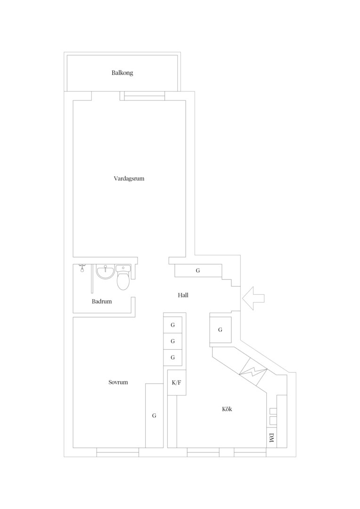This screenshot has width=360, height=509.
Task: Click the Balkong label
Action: (x=123, y=73)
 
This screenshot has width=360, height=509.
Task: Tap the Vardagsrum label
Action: (x=129, y=179)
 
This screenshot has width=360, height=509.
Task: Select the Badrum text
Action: (x=102, y=301)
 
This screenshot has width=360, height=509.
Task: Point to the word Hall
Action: (x=183, y=295)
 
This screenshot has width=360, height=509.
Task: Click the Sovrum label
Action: (x=118, y=382)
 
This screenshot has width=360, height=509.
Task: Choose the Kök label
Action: (x=227, y=409)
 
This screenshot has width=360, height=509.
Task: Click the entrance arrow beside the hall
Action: (x=253, y=298)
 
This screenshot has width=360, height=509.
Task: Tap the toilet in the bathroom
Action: (x=123, y=278)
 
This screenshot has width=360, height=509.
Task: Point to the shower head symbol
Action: (x=82, y=268)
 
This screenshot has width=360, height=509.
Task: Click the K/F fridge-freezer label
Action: (x=177, y=382)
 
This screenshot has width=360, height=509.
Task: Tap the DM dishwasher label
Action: (x=271, y=438)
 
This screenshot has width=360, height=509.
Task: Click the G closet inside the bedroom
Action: (x=154, y=416)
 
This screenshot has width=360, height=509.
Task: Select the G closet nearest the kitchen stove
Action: (x=221, y=330)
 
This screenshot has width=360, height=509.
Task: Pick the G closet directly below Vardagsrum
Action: (x=198, y=271)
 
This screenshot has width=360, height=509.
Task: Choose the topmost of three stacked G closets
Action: (x=172, y=325)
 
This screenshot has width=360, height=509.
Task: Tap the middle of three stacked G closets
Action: (x=172, y=341)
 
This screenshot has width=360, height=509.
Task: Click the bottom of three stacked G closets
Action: (x=172, y=358)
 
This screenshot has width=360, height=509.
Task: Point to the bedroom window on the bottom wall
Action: (x=118, y=452)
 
